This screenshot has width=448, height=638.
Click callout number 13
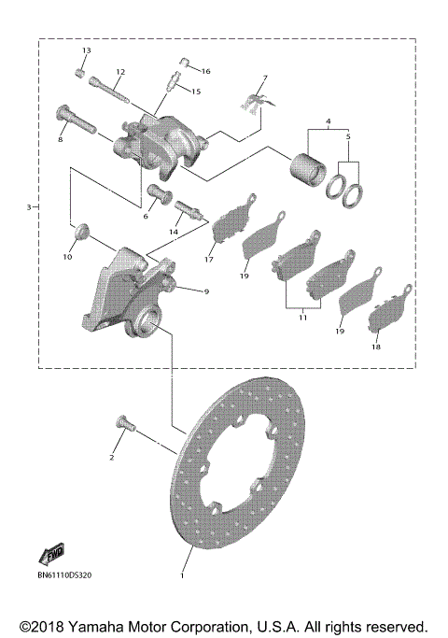pos(86,50)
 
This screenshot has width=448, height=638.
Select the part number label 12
pos(120,72)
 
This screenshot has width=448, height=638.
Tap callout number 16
pos(206,71)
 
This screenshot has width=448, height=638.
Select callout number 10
pos(67,257)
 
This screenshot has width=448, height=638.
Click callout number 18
pos(376,347)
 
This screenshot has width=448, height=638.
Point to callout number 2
pos(111,458)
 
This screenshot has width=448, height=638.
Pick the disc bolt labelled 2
pos(125,425)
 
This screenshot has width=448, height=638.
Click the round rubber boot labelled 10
pos(81,228)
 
